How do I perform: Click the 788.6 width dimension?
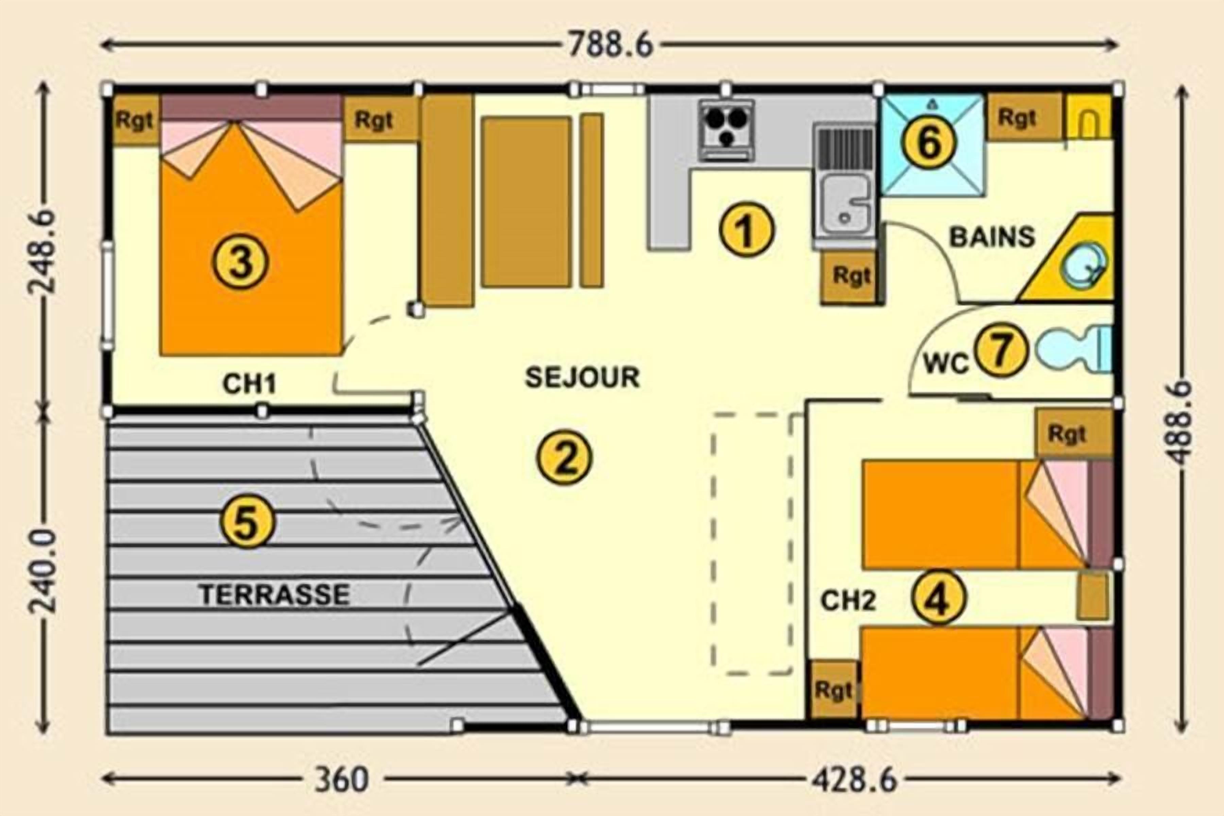pyautogui.click(x=610, y=45)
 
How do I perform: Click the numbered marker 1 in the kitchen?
pyautogui.click(x=747, y=230)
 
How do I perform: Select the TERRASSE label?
pyautogui.click(x=275, y=594)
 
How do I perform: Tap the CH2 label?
pyautogui.click(x=848, y=601)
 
